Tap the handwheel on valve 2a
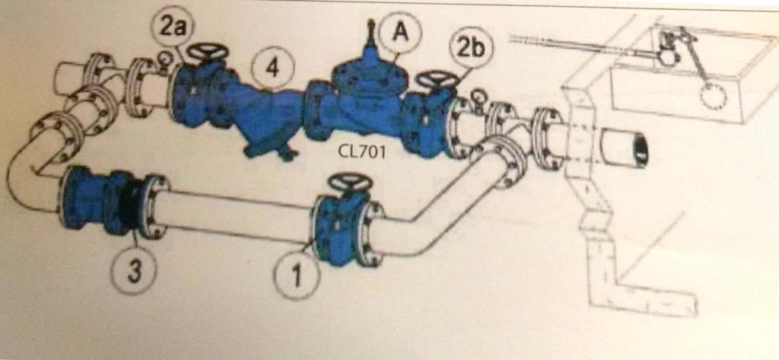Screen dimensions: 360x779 click(x=208, y=53)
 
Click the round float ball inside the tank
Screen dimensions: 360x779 click(x=715, y=96)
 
